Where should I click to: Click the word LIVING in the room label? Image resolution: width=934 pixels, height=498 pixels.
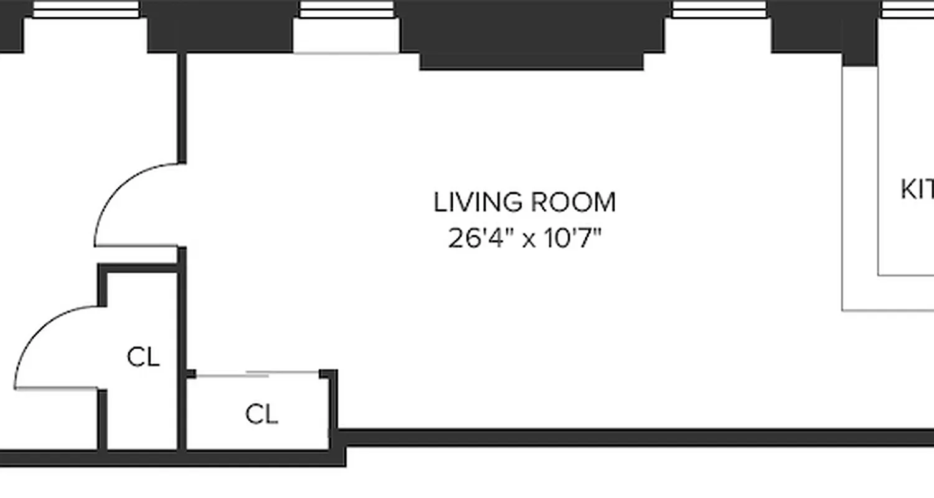click(x=474, y=203)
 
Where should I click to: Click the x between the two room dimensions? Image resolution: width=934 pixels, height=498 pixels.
click(x=529, y=240)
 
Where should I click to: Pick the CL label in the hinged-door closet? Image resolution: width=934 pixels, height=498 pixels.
click(x=143, y=358)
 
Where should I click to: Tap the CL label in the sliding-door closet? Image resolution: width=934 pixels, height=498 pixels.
click(x=262, y=415)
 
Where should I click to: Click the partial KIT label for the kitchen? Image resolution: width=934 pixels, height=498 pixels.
click(x=917, y=190)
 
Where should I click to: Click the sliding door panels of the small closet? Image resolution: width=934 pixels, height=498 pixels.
click(x=257, y=374)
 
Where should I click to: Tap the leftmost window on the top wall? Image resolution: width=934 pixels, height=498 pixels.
click(x=86, y=9)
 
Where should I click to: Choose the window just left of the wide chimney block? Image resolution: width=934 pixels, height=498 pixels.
click(x=346, y=9)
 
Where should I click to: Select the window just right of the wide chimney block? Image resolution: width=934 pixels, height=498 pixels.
click(x=719, y=9)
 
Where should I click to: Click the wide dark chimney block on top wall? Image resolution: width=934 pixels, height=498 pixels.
click(x=532, y=31)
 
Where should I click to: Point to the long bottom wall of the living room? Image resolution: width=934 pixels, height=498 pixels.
click(x=623, y=438)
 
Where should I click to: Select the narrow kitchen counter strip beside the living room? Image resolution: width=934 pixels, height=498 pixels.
click(x=860, y=187)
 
